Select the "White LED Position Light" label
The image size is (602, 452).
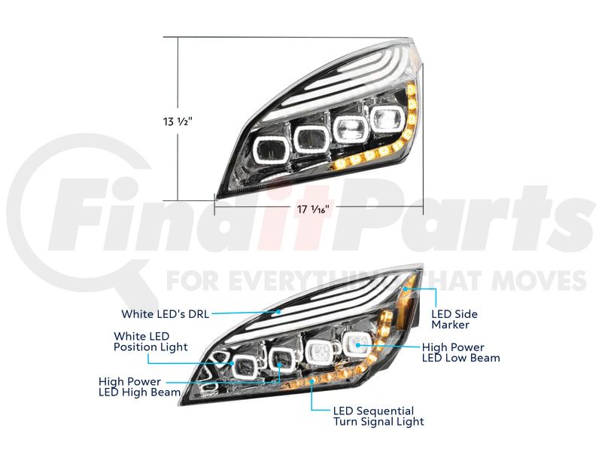(x=150, y=341)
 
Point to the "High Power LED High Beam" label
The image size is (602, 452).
(x=139, y=386)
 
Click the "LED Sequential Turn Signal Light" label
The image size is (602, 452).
(x=379, y=417)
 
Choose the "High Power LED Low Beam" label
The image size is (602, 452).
(x=461, y=353)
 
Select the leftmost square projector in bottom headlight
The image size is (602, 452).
(x=243, y=366)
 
